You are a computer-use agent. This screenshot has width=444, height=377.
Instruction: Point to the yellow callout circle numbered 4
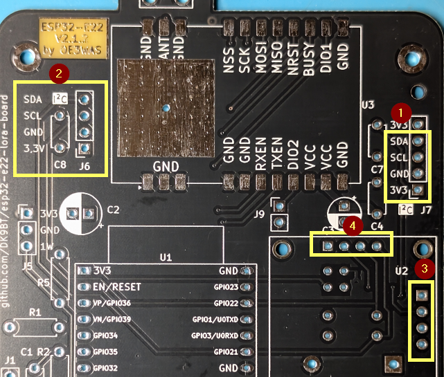click(x=353, y=226)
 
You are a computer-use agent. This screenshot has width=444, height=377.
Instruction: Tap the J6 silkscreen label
click(x=85, y=166)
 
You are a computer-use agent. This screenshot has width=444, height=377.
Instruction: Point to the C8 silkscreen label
click(x=60, y=165)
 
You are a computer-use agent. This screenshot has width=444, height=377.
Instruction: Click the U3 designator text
click(x=368, y=105)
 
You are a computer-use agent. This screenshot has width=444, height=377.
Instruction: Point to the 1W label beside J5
click(x=48, y=247)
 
